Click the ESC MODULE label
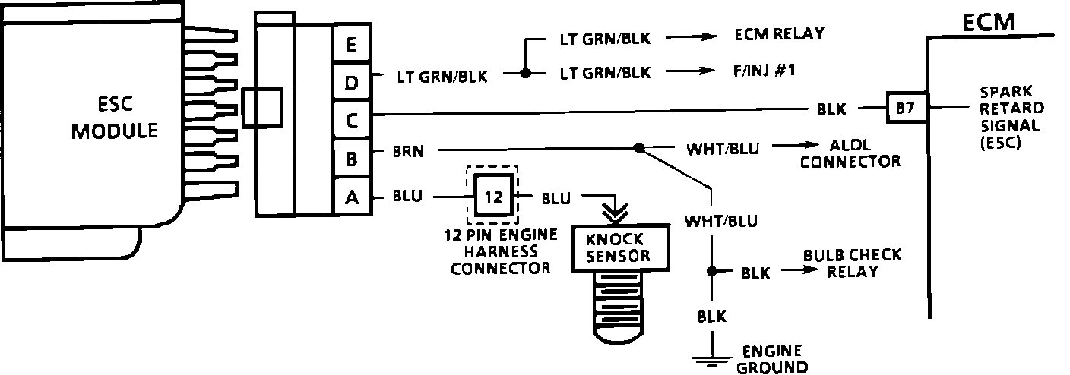(115, 118)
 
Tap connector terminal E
(350, 45)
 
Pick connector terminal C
(350, 119)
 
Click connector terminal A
(350, 197)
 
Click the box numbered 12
(493, 197)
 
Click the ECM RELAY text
(780, 34)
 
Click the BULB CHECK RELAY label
(851, 263)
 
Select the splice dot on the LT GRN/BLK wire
(524, 74)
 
